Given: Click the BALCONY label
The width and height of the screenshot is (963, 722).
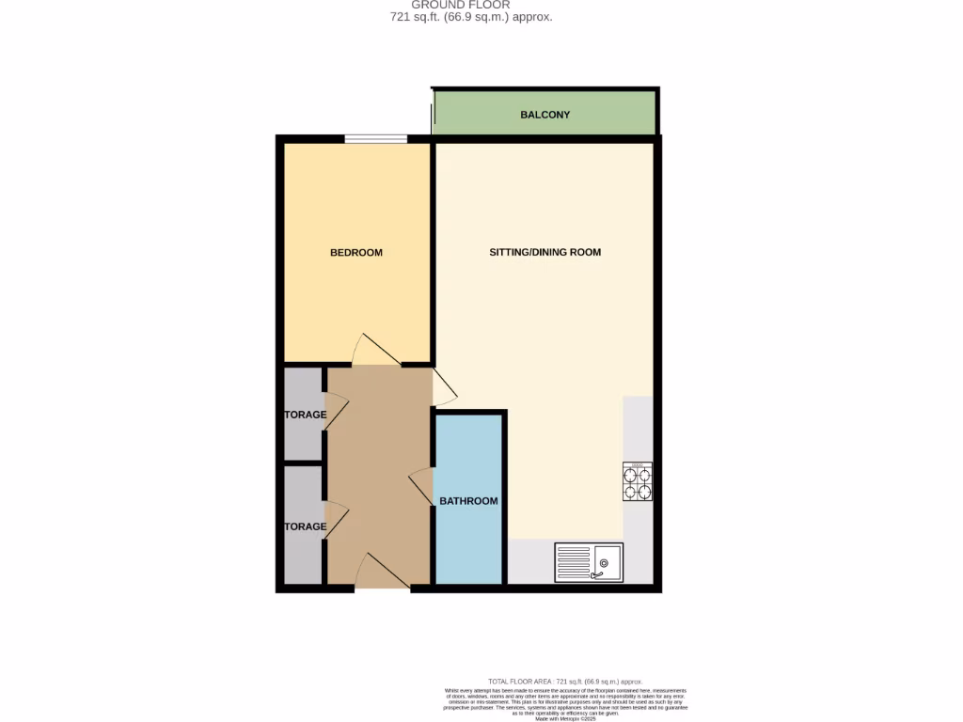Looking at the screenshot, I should [545, 115].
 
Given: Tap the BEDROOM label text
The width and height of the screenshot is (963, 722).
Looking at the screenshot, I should [355, 252].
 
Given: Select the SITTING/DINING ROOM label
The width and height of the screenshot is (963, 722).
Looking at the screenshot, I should [545, 252].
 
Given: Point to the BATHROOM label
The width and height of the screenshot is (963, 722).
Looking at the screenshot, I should [468, 501].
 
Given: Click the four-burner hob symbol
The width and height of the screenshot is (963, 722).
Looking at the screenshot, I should [638, 481].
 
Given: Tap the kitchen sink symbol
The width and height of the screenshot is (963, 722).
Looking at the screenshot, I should [589, 562].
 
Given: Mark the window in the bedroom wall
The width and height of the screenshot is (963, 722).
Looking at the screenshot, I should [375, 139].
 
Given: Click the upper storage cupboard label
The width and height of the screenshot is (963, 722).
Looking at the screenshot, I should [305, 415].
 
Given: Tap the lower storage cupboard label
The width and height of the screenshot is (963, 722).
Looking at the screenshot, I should [305, 526].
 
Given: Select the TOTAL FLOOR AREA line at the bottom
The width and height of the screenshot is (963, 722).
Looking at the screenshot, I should [564, 681].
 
